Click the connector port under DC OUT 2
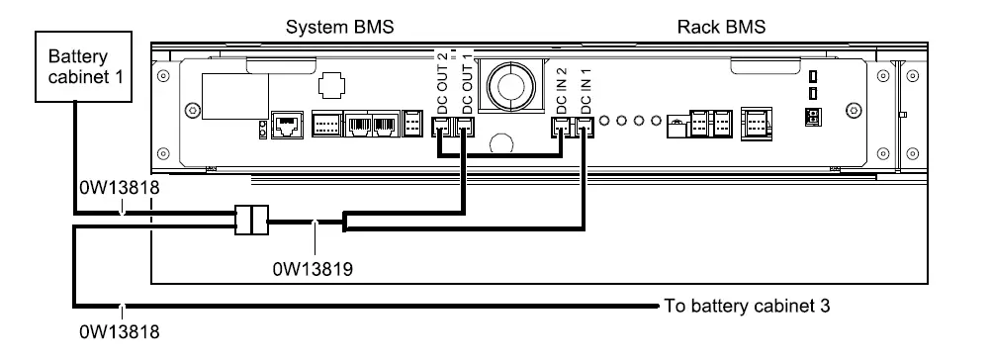click(442, 126)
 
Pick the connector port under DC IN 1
click(586, 126)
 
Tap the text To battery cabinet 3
click(748, 306)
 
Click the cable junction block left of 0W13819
click(253, 220)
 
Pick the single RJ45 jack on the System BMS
click(286, 126)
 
